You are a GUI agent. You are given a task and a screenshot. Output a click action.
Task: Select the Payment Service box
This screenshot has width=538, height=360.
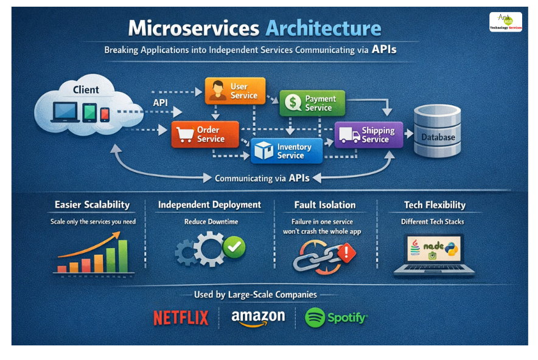[x=312, y=103]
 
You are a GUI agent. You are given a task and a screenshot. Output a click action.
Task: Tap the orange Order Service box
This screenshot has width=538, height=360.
[x=201, y=134]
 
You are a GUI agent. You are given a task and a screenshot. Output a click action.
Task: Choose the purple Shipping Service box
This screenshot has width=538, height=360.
[x=368, y=135]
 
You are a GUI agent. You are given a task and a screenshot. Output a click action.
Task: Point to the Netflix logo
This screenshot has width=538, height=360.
[x=181, y=317]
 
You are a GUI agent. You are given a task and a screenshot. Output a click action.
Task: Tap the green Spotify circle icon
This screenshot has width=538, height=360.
[x=315, y=317]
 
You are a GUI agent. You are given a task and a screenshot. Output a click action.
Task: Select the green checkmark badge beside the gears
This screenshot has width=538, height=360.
[x=234, y=247]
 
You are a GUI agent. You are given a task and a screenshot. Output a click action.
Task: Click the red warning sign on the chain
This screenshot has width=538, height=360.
[x=346, y=252]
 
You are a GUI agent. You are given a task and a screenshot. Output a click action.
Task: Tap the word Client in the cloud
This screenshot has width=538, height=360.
[x=86, y=89]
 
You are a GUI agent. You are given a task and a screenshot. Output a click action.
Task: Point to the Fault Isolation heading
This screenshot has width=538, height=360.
[x=325, y=205]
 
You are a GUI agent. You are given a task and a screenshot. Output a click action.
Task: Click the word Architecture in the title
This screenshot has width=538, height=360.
[x=324, y=29]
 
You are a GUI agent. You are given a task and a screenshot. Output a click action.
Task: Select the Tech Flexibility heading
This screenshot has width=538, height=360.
[x=435, y=205]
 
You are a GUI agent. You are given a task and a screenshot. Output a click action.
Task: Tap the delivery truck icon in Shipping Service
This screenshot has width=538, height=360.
[x=349, y=135]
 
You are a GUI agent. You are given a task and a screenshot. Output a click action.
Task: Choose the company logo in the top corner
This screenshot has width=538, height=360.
[x=506, y=22]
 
